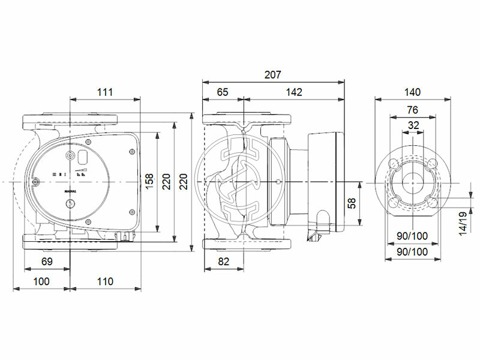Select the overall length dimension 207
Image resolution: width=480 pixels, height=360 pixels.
[273, 75]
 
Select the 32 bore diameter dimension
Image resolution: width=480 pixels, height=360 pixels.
[413, 125]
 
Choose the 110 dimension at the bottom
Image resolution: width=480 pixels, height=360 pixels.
[105, 281]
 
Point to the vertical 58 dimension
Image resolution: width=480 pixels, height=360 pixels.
[353, 205]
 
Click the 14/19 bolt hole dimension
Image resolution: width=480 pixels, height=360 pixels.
[463, 223]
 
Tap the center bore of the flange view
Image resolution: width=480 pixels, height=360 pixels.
[413, 182]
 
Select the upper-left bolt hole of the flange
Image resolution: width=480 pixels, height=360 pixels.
[394, 163]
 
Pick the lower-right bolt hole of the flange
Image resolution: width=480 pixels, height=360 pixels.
[432, 203]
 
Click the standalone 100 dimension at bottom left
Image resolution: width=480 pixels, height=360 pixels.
[41, 281]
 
